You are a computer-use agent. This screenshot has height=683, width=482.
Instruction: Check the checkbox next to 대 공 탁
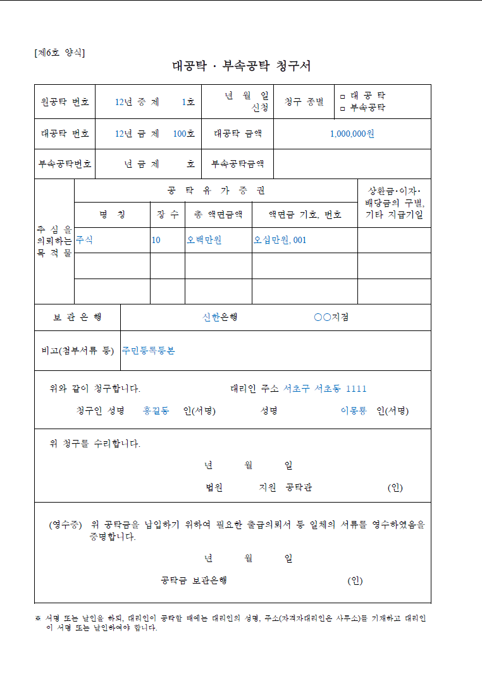click(343, 96)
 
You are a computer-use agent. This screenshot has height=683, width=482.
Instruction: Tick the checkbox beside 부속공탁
click(343, 108)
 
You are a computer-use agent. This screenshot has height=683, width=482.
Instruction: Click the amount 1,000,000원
click(352, 134)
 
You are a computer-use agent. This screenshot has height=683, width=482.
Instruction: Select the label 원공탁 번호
click(65, 102)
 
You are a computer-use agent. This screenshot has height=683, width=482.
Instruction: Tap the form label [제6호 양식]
click(59, 53)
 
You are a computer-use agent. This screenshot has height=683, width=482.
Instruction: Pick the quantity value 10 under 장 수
click(156, 241)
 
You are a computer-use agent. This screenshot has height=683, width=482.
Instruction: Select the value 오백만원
click(204, 241)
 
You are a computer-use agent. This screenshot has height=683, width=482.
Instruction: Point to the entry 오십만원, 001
click(280, 241)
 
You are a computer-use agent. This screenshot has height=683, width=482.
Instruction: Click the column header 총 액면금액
click(218, 215)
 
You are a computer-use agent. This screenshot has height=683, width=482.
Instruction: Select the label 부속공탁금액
click(238, 164)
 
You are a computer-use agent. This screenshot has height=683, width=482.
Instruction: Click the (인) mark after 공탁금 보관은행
click(355, 581)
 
